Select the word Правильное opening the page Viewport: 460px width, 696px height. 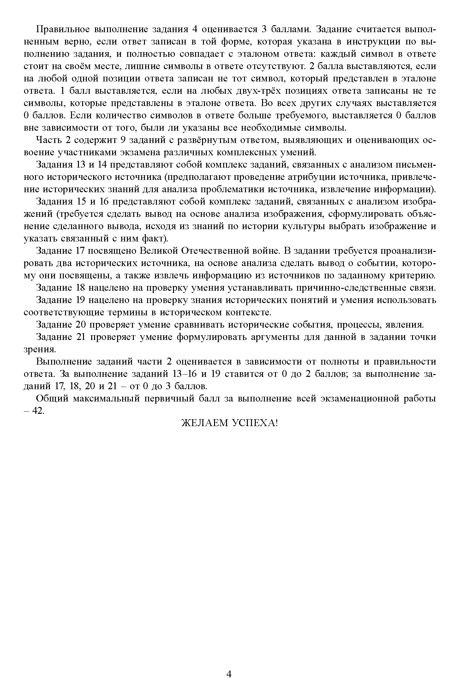point(63,29)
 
